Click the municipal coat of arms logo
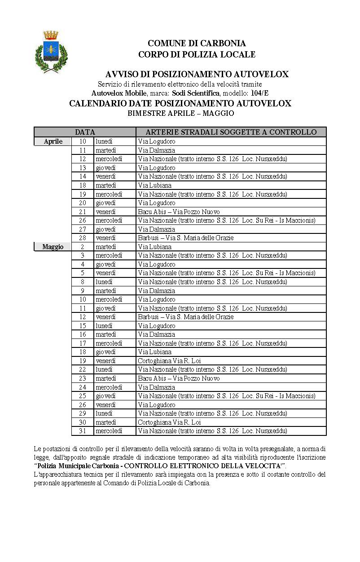[51, 52]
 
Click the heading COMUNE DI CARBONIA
[197, 43]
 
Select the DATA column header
[85, 132]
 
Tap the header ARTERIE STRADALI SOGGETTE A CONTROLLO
[231, 132]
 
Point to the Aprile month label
[53, 141]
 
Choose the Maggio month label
[53, 247]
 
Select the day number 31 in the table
[82, 431]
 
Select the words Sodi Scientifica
[196, 93]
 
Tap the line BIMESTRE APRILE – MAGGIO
[180, 113]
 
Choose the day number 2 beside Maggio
[83, 247]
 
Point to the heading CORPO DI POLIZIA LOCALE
[197, 54]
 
